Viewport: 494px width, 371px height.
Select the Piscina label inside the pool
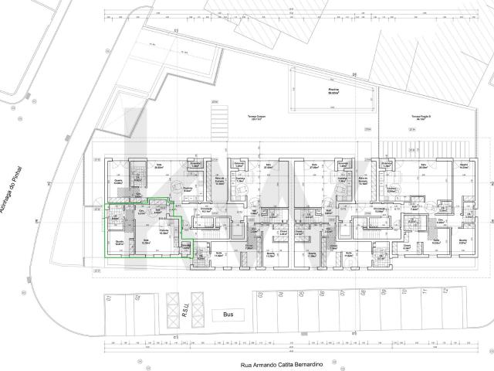point(333,90)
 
